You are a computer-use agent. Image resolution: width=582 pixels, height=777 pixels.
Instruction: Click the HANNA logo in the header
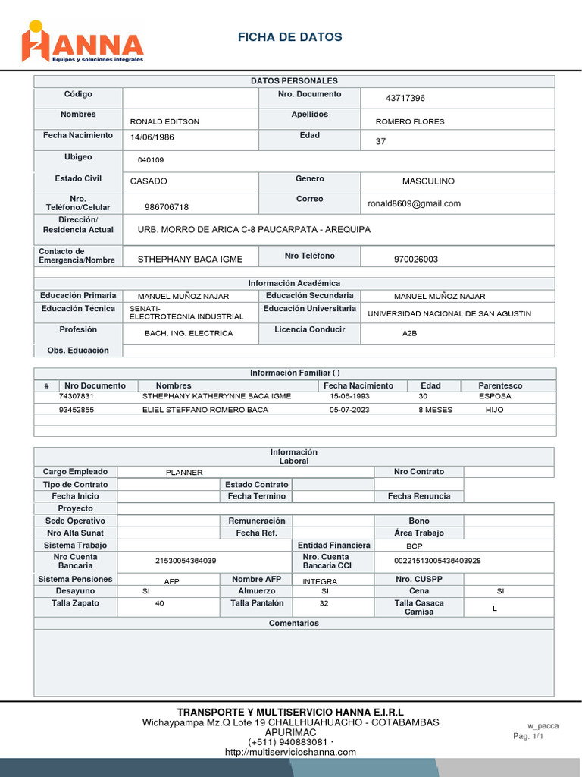82,42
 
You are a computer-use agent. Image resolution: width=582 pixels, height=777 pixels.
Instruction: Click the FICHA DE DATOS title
289,37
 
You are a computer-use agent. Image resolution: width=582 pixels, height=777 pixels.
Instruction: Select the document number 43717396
405,99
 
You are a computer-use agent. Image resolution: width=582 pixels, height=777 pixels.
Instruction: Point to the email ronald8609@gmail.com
414,203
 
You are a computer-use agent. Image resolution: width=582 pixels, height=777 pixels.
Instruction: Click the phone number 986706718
167,207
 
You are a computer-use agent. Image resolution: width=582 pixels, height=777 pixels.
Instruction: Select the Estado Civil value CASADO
149,181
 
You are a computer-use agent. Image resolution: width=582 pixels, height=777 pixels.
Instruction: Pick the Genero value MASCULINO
428,181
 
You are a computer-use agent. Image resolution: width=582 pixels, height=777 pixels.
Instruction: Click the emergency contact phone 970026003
415,260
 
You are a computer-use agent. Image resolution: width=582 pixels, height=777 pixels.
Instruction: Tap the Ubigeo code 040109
150,160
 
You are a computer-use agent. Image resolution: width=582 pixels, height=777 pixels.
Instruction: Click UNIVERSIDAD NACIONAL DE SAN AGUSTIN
449,313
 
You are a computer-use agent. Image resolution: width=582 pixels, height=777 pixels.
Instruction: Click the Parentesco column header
500,385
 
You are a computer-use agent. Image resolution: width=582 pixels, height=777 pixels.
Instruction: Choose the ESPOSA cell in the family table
495,396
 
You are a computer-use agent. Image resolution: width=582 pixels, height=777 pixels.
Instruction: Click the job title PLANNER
184,473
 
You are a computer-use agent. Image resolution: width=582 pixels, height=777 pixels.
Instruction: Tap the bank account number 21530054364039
186,561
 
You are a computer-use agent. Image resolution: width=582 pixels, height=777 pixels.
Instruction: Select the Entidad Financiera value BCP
414,546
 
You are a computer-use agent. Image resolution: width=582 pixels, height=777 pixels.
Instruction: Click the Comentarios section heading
294,623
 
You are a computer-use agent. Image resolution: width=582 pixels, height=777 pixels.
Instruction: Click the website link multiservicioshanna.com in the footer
290,752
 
